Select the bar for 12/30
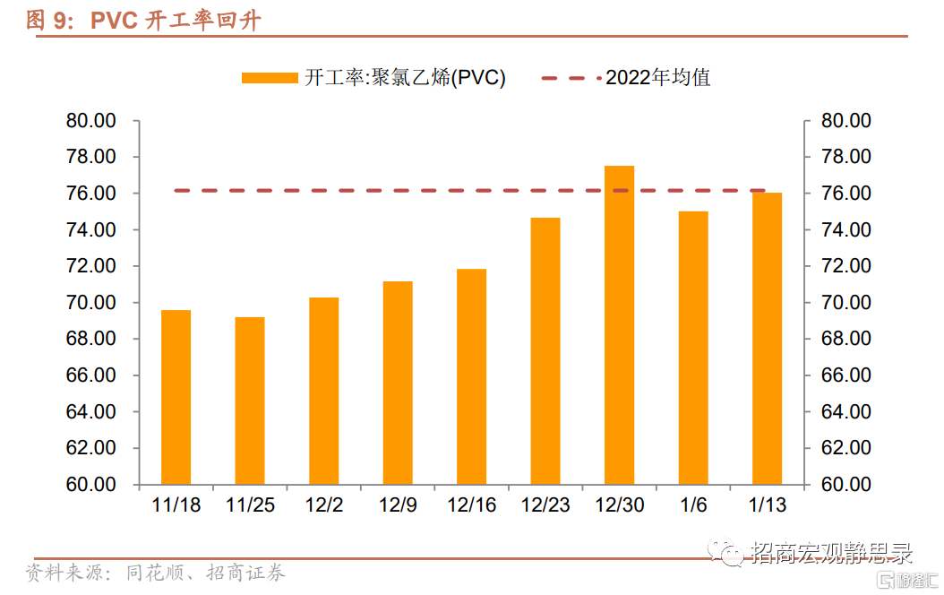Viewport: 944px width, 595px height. point(619,325)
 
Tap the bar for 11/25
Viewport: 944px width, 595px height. point(250,401)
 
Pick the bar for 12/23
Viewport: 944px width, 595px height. point(545,351)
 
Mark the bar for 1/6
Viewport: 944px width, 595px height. point(693,348)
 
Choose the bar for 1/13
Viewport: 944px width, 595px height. point(767,339)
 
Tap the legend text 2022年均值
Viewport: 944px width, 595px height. point(658,78)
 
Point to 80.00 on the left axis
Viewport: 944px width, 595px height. point(91,121)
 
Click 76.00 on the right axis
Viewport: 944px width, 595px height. point(846,194)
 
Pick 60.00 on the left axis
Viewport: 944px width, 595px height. point(91,485)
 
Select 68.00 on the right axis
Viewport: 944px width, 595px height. point(846,339)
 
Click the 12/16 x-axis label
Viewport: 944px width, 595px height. point(471,506)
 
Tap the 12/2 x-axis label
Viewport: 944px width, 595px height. point(324,506)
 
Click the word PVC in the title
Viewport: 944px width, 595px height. point(114,21)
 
